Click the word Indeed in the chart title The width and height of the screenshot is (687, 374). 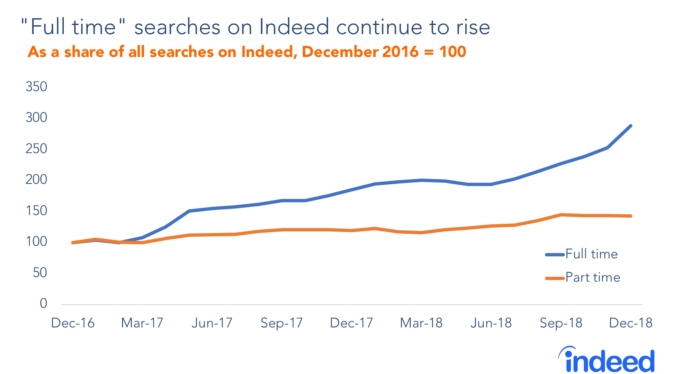(x=294, y=27)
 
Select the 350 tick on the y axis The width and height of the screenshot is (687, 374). (x=36, y=87)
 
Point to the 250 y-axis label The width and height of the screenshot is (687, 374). (x=36, y=149)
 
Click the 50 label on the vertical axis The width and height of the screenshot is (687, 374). (x=40, y=273)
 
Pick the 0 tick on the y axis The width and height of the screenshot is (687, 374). (x=43, y=303)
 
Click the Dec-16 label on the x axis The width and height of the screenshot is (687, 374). (x=72, y=323)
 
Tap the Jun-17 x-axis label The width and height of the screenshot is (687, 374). (x=212, y=323)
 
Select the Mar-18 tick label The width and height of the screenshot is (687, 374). (x=421, y=323)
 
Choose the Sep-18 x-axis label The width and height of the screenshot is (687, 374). (x=561, y=323)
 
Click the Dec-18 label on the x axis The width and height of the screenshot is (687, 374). (x=630, y=323)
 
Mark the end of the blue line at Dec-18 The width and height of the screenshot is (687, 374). (x=631, y=126)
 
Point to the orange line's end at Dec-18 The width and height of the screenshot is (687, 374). (x=631, y=216)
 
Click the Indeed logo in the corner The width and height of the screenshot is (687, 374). (x=607, y=360)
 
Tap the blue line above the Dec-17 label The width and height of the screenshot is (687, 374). (x=352, y=190)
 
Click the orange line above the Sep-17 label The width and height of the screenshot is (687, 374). (x=282, y=230)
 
